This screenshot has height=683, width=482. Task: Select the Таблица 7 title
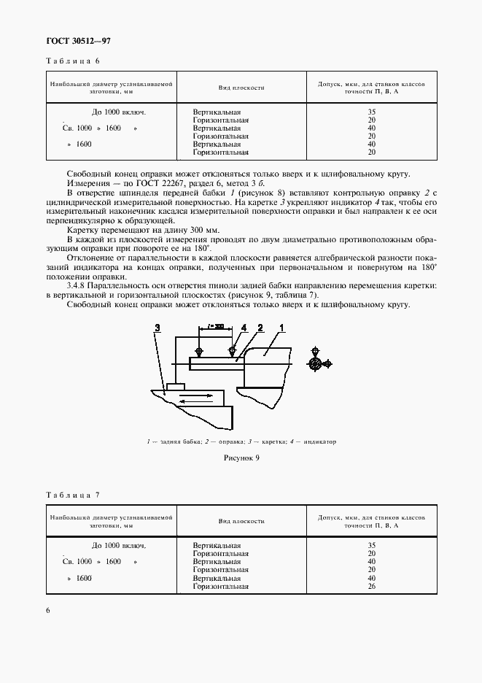(71, 495)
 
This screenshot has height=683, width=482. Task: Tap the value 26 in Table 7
(372, 587)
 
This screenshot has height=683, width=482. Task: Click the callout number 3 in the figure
(158, 330)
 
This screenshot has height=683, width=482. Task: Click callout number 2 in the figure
(259, 330)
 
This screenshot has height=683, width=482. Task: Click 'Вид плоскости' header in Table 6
(241, 88)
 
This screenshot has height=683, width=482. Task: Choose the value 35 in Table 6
(372, 112)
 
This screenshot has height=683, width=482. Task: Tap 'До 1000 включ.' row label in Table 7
(119, 546)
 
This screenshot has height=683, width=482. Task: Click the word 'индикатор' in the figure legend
(319, 441)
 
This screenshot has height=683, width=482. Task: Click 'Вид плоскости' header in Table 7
(241, 522)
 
